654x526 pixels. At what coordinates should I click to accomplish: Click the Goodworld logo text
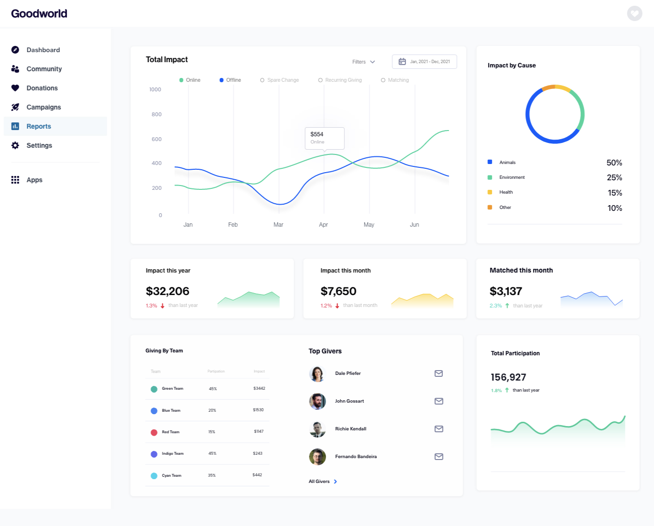pyautogui.click(x=39, y=13)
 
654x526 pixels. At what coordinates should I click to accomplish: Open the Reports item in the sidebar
pyautogui.click(x=39, y=126)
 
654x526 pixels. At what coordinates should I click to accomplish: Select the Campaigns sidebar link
pyautogui.click(x=44, y=107)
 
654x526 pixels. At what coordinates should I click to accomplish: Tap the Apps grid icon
pyautogui.click(x=15, y=180)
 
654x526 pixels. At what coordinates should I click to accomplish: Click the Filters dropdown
pyautogui.click(x=363, y=62)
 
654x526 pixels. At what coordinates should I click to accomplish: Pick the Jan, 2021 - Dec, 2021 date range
pyautogui.click(x=424, y=62)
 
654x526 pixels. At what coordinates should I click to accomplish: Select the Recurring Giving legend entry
pyautogui.click(x=340, y=80)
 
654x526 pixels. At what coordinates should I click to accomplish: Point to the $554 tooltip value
pyautogui.click(x=317, y=134)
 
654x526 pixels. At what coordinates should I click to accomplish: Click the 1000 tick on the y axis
pyautogui.click(x=155, y=89)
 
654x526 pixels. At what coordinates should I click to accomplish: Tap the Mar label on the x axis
pyautogui.click(x=278, y=225)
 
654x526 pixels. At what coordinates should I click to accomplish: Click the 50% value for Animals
pyautogui.click(x=614, y=163)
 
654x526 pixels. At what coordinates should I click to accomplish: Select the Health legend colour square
pyautogui.click(x=490, y=192)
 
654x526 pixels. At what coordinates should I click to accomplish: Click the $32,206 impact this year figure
pyautogui.click(x=168, y=291)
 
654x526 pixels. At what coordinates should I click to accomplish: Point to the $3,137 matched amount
pyautogui.click(x=506, y=291)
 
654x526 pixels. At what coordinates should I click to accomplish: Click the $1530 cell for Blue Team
pyautogui.click(x=258, y=410)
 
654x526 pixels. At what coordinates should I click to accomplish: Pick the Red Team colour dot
pyautogui.click(x=154, y=432)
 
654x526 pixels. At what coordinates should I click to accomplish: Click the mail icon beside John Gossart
pyautogui.click(x=439, y=401)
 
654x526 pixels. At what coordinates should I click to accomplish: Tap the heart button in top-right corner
pyautogui.click(x=635, y=13)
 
